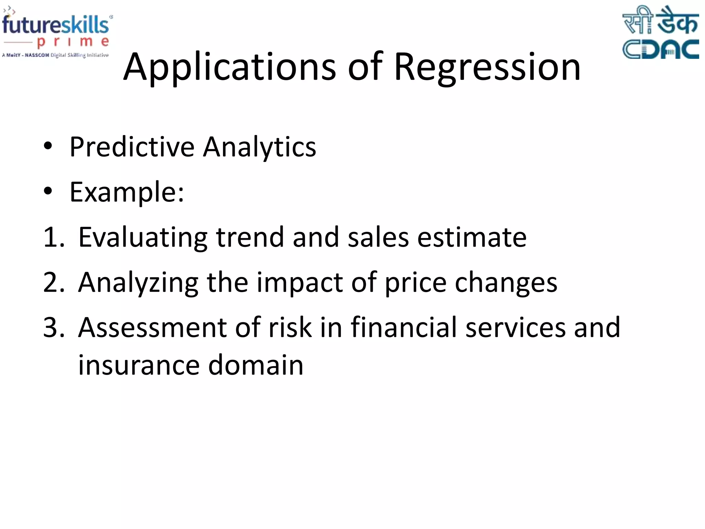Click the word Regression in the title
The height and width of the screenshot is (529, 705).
pyautogui.click(x=487, y=67)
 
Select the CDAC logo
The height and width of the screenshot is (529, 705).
pyautogui.click(x=660, y=33)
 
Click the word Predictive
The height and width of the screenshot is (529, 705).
pyautogui.click(x=132, y=147)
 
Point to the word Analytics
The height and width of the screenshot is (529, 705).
pyautogui.click(x=260, y=147)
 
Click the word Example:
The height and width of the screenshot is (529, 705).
pyautogui.click(x=127, y=192)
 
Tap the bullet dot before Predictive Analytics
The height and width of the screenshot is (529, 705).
pyautogui.click(x=48, y=146)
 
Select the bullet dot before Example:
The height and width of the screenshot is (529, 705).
pyautogui.click(x=48, y=191)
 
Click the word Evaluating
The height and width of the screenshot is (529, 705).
pyautogui.click(x=143, y=238)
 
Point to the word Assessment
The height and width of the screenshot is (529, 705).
pyautogui.click(x=152, y=328)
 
